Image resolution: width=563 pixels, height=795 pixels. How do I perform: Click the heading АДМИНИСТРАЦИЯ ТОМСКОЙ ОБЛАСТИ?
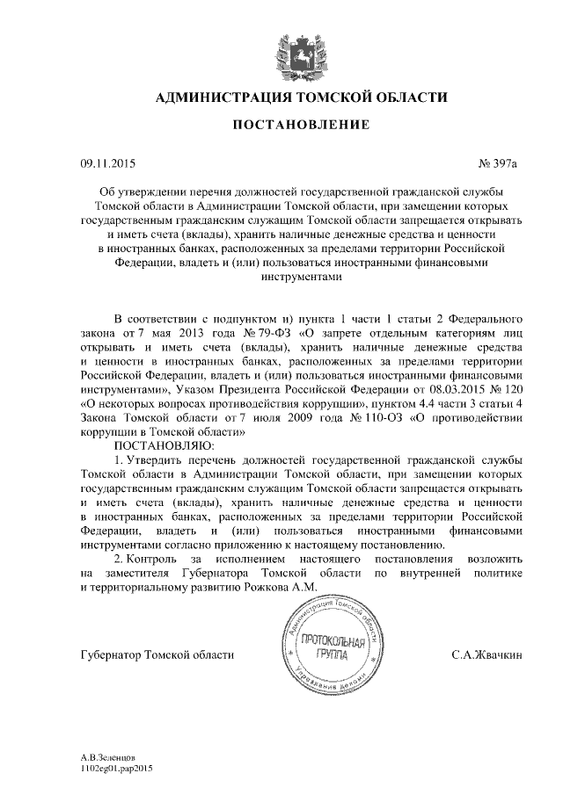pyautogui.click(x=300, y=97)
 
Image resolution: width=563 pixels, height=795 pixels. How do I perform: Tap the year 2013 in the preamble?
pyautogui.click(x=194, y=332)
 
